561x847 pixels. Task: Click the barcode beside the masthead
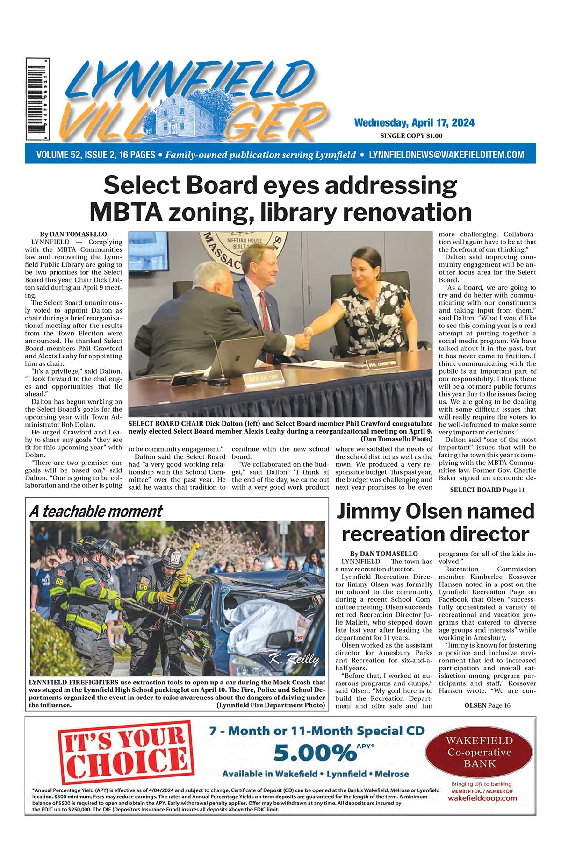pyautogui.click(x=38, y=99)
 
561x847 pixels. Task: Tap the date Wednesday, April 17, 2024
pyautogui.click(x=414, y=123)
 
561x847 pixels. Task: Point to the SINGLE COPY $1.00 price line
pyautogui.click(x=411, y=136)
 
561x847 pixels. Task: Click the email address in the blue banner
pyautogui.click(x=446, y=155)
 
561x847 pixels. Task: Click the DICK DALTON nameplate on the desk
pyautogui.click(x=263, y=377)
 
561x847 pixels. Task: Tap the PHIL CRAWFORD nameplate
pyautogui.click(x=382, y=363)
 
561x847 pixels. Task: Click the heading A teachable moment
pyautogui.click(x=96, y=511)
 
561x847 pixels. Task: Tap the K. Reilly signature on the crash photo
pyautogui.click(x=294, y=659)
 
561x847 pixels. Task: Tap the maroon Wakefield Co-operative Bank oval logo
pyautogui.click(x=479, y=752)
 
